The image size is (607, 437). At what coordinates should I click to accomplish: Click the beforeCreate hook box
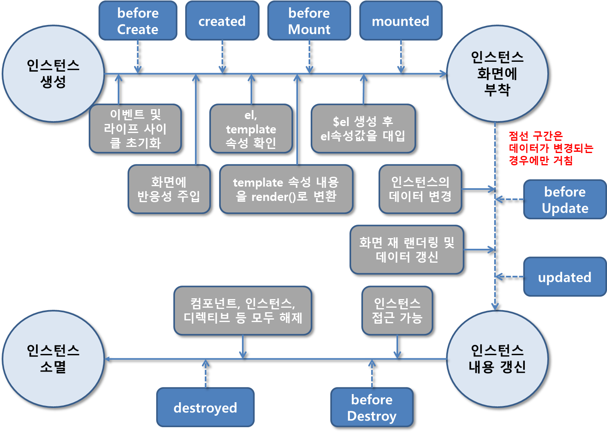pyautogui.click(x=138, y=21)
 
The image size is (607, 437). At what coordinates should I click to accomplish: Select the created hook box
pyautogui.click(x=222, y=21)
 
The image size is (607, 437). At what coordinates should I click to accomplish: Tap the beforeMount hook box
pyautogui.click(x=309, y=21)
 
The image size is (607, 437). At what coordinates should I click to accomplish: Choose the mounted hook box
pyautogui.click(x=401, y=21)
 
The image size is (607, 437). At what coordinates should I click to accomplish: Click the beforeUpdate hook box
pyautogui.click(x=565, y=200)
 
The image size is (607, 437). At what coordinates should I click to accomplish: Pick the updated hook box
pyautogui.click(x=565, y=277)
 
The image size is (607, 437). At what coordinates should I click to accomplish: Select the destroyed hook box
pyautogui.click(x=205, y=408)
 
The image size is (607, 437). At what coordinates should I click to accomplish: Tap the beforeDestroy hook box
pyautogui.click(x=372, y=408)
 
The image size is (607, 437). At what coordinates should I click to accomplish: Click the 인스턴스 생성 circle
pyautogui.click(x=53, y=74)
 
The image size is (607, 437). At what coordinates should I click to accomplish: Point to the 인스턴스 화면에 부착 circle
pyautogui.click(x=497, y=74)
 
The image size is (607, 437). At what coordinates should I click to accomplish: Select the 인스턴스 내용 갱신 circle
pyautogui.click(x=497, y=359)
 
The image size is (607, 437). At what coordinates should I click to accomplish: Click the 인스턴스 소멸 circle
pyautogui.click(x=53, y=359)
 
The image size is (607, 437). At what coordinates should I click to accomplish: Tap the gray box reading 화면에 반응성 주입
pyautogui.click(x=169, y=189)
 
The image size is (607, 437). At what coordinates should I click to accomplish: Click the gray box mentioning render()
pyautogui.click(x=286, y=189)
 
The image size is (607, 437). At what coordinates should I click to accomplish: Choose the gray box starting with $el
pyautogui.click(x=363, y=128)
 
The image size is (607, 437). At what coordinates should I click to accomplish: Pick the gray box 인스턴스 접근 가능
pyautogui.click(x=397, y=311)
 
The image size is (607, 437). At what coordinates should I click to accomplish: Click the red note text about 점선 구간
pyautogui.click(x=550, y=148)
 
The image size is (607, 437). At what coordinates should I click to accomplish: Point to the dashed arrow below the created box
pyautogui.click(x=222, y=56)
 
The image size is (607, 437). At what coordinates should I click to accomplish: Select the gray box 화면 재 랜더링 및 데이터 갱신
pyautogui.click(x=407, y=250)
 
